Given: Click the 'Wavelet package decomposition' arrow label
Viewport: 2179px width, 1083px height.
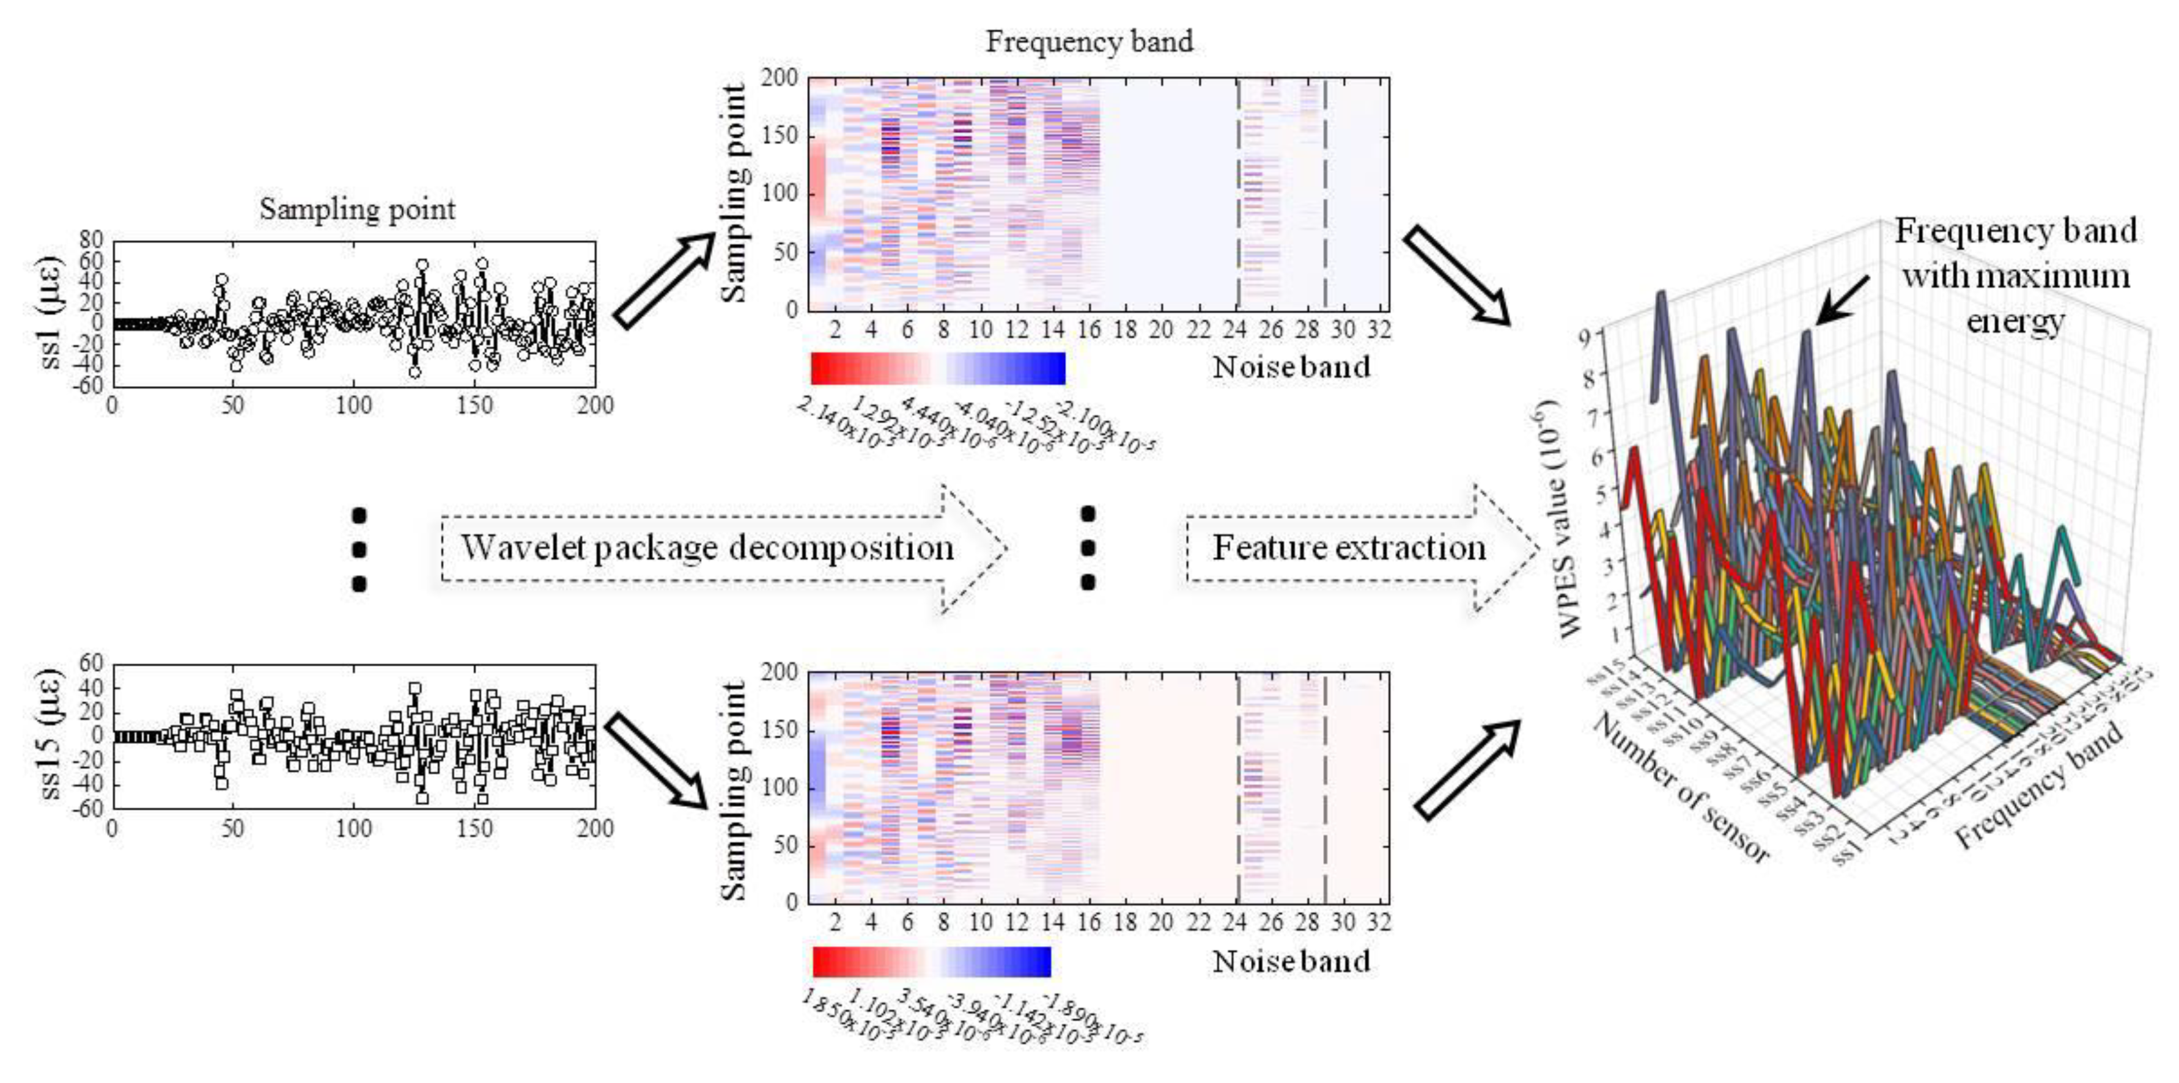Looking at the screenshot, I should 707,548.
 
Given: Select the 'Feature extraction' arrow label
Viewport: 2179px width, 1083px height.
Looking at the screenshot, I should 1349,548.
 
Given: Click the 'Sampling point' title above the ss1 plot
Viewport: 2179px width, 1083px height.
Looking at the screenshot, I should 357,209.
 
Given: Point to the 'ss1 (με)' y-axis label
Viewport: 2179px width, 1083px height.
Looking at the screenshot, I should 50,312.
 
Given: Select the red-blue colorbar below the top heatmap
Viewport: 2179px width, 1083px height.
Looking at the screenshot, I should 938,368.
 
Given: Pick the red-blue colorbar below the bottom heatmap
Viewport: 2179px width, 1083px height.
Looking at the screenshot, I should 931,962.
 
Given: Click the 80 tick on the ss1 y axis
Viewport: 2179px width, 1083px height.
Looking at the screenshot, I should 90,241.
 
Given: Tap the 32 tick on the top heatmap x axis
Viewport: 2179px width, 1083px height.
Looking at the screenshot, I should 1379,330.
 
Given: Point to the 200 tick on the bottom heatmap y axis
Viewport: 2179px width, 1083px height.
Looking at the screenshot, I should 780,672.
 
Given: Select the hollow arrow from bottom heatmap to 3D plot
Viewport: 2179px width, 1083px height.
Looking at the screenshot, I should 1466,770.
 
